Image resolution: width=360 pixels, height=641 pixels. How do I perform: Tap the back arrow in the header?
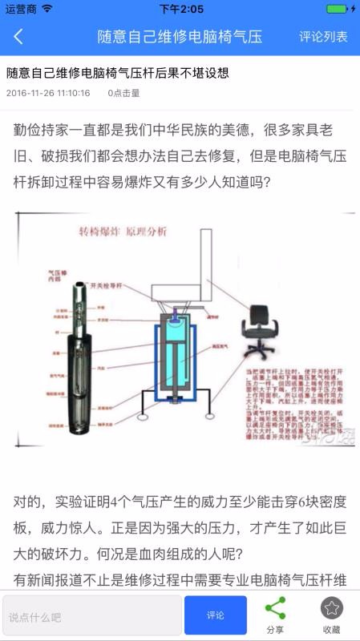pos(18,37)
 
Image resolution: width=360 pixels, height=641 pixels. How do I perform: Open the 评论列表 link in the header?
pos(323,37)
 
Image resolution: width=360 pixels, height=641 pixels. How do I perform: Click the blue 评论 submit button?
pos(215,615)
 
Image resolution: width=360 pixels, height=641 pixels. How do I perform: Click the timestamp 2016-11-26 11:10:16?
pos(48,93)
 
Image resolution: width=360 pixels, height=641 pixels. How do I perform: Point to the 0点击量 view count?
pos(124,93)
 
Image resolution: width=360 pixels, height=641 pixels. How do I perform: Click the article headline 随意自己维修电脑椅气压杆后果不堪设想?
pos(118,73)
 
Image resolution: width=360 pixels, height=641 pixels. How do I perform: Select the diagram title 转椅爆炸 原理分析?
pos(123,232)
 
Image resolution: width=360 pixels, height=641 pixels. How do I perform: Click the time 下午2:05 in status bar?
pos(180,9)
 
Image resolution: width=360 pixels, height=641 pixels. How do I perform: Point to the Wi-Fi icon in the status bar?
pos(47,9)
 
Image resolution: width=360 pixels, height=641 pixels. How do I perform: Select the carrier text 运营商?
pos(20,9)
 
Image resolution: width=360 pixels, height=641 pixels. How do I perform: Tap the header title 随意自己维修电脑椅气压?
pos(180,37)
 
